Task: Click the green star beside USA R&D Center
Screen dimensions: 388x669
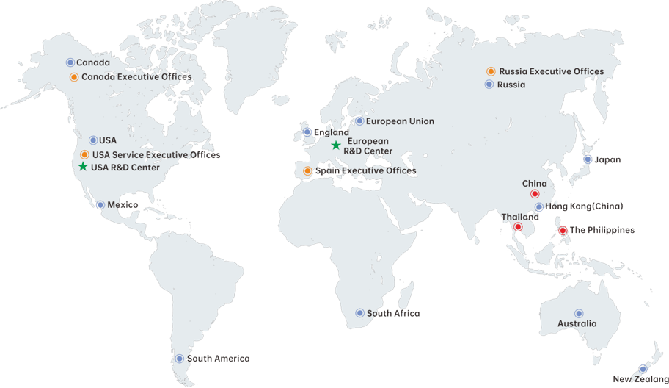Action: pyautogui.click(x=82, y=167)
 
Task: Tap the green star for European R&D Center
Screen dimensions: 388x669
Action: pyautogui.click(x=336, y=145)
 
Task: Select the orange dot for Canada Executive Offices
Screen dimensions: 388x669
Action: pyautogui.click(x=74, y=76)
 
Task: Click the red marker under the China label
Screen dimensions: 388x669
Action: pyautogui.click(x=535, y=194)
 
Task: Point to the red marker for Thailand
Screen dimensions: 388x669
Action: pyautogui.click(x=519, y=228)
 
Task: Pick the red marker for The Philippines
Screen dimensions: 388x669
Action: pyautogui.click(x=563, y=230)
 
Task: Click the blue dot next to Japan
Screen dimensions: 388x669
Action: pyautogui.click(x=588, y=159)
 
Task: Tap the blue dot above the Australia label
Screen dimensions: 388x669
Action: pyautogui.click(x=579, y=313)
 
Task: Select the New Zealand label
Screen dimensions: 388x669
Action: pyautogui.click(x=640, y=379)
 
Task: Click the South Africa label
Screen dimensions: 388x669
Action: pyautogui.click(x=393, y=313)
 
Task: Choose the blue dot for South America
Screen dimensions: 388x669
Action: pyautogui.click(x=180, y=359)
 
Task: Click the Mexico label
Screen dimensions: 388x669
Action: pyautogui.click(x=123, y=204)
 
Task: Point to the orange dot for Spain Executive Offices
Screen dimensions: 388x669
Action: pyautogui.click(x=307, y=170)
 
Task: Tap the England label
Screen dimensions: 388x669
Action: pyautogui.click(x=331, y=132)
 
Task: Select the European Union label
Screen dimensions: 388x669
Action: pyautogui.click(x=400, y=121)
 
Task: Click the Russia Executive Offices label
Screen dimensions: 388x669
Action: pyautogui.click(x=551, y=71)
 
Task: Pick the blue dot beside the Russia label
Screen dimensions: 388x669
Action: pyautogui.click(x=489, y=85)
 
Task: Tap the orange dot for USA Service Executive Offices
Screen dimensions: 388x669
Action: pyautogui.click(x=85, y=154)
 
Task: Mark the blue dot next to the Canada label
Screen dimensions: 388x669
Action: pyautogui.click(x=70, y=62)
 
